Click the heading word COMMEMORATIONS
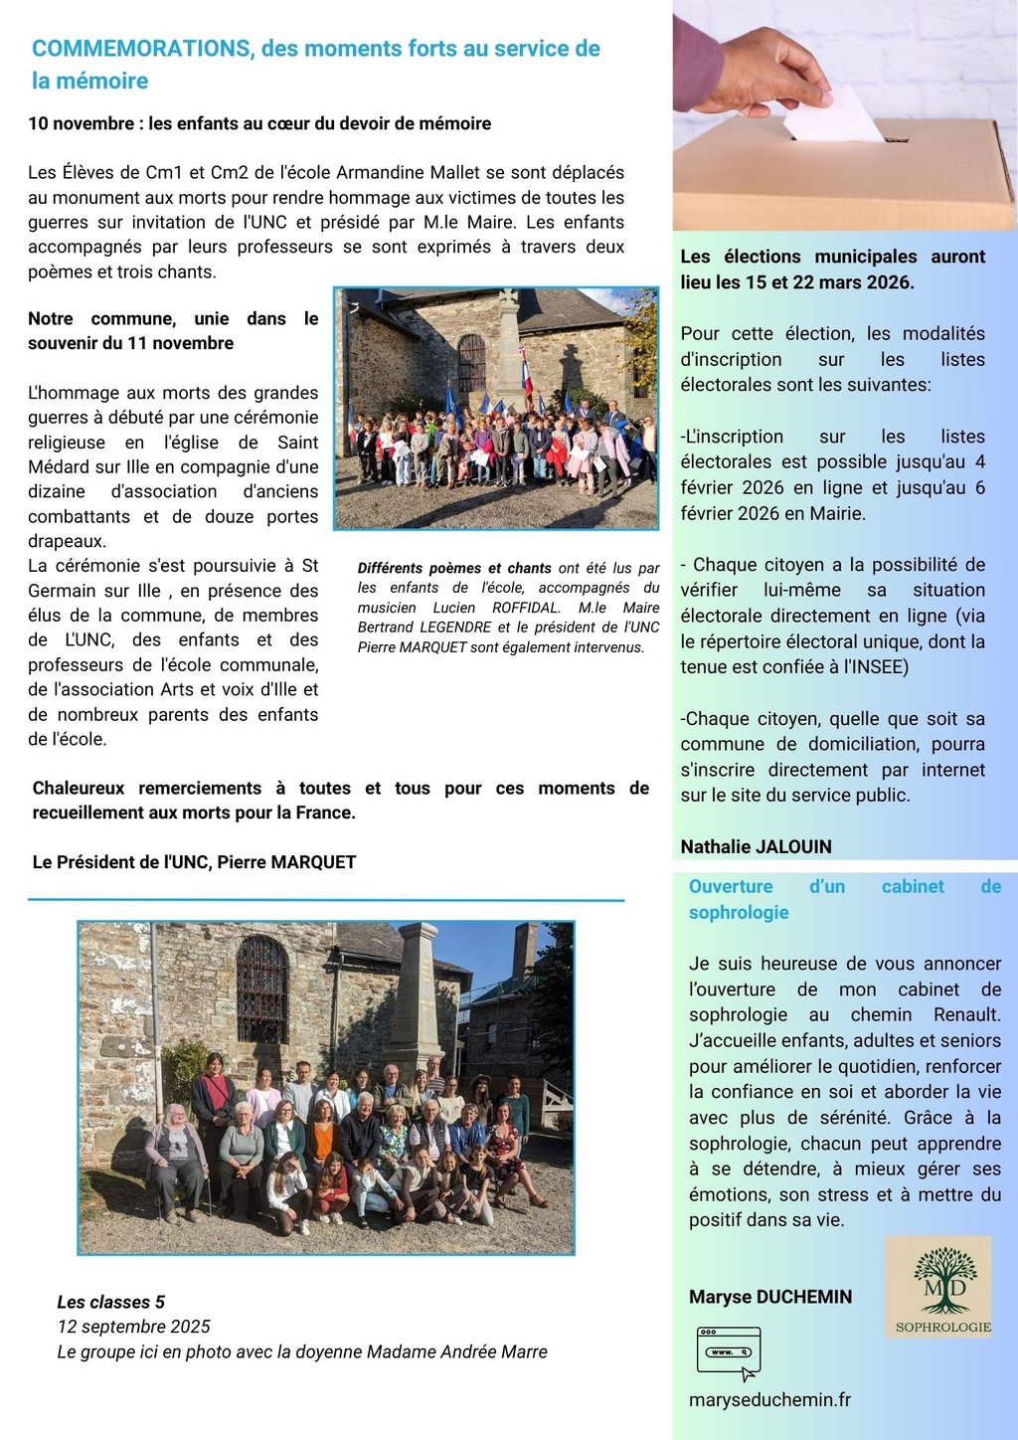(x=141, y=49)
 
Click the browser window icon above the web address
(x=729, y=1352)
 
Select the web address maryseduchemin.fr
(x=769, y=1399)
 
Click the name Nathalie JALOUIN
(x=756, y=846)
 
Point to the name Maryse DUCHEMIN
(x=769, y=1297)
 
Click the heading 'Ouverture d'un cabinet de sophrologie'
(x=844, y=899)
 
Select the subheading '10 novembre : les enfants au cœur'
(x=259, y=123)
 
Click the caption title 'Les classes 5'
(x=110, y=1302)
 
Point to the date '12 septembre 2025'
(x=133, y=1327)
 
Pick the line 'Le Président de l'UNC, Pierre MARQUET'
(x=194, y=862)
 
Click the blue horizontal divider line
(x=326, y=900)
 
